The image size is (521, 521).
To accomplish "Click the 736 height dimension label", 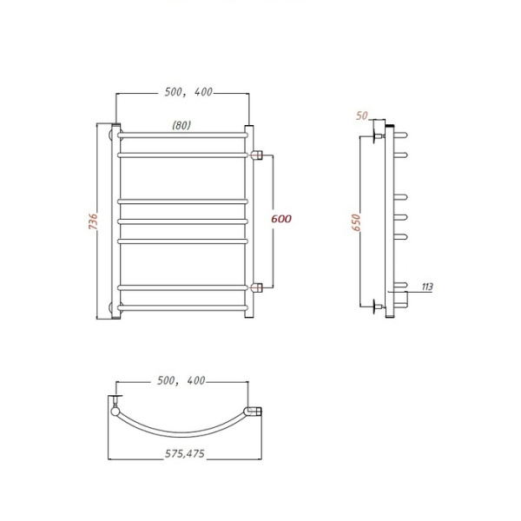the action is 94,221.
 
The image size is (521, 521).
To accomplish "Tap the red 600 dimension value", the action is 281,219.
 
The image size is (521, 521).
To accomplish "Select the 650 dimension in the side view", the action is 356,222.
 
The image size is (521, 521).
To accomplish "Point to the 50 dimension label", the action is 362,115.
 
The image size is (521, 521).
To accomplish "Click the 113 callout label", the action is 427,287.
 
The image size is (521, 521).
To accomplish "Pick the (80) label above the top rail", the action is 181,125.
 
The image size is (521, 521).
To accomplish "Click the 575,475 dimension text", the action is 185,453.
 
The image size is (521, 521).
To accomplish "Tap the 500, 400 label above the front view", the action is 188,92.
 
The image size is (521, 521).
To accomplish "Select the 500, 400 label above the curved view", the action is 181,380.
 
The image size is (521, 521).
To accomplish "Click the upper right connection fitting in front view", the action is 256,155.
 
